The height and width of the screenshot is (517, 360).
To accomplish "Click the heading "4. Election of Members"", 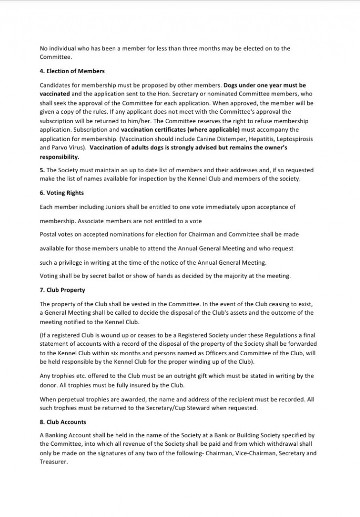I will coord(72,71).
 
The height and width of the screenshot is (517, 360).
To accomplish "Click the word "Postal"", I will coord(48,234).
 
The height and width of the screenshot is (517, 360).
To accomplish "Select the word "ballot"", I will coord(113,276).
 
